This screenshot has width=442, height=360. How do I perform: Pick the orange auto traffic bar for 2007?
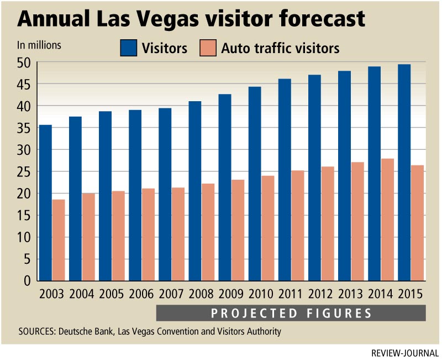(178, 234)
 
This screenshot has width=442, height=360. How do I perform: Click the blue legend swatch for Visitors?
(128, 48)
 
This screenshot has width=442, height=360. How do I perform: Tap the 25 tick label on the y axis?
(23, 172)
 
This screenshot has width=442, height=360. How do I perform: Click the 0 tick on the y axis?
(27, 281)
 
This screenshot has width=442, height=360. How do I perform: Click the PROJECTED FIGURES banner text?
(291, 314)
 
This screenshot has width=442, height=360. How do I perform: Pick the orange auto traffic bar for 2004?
(88, 237)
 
